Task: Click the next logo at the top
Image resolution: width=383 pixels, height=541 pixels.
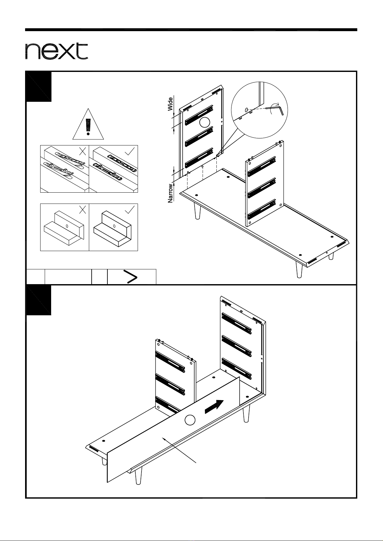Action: pos(57,51)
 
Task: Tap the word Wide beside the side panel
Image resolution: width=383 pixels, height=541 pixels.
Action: pos(170,104)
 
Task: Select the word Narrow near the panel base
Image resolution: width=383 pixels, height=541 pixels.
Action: pos(170,193)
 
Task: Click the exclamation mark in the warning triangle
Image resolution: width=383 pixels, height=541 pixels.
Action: pos(88,127)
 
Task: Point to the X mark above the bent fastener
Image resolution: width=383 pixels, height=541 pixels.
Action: pos(83,152)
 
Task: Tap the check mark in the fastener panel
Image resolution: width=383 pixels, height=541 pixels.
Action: pos(130,151)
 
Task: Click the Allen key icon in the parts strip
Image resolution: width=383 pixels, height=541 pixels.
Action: pos(130,277)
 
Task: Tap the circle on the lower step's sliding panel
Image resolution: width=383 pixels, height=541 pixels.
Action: pos(190,420)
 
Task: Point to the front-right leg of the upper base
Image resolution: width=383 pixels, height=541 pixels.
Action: pos(299,269)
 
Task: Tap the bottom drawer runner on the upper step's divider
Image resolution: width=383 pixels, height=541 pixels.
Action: pos(262,209)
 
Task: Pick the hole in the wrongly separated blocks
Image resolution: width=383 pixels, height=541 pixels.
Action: pos(67,226)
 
